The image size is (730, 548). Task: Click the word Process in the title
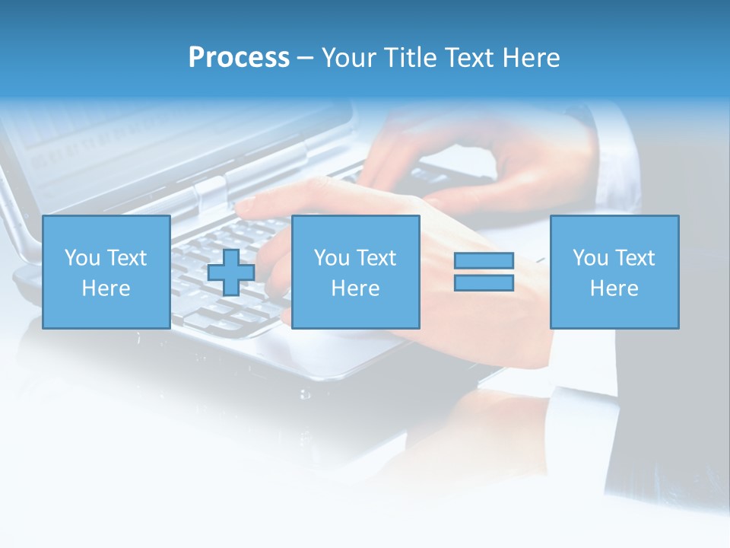[x=239, y=58]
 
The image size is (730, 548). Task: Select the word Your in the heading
[x=349, y=58]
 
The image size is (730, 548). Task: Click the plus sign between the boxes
[x=231, y=272]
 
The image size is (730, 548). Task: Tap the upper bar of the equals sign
[x=484, y=261]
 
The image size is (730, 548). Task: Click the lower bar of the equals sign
[x=484, y=282]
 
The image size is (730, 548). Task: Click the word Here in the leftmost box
[x=106, y=288]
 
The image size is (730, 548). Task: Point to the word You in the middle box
[x=332, y=258]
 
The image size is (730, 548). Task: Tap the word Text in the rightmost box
[x=636, y=258]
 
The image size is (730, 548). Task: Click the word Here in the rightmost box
[x=614, y=288]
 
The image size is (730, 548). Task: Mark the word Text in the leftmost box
[x=128, y=258]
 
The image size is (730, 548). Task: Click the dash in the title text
[x=305, y=58]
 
